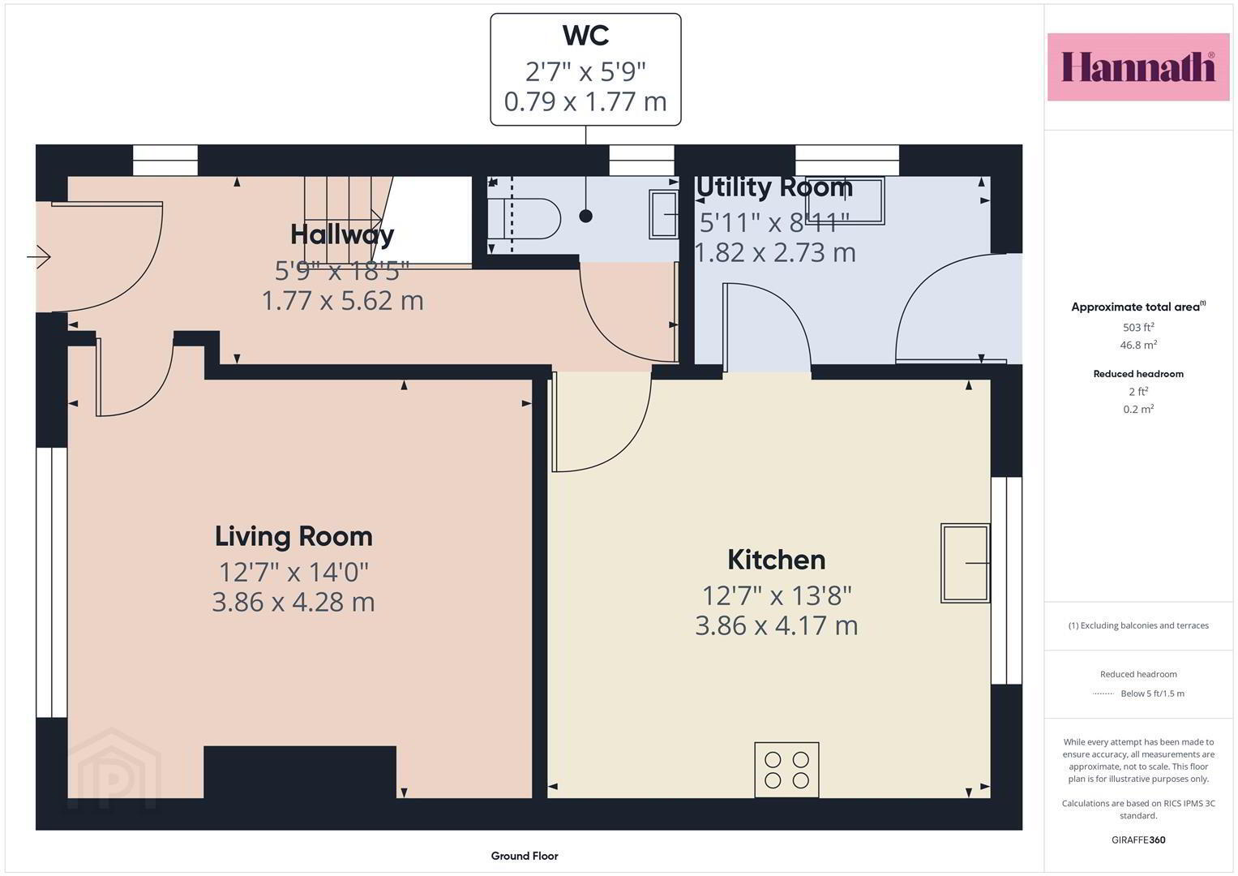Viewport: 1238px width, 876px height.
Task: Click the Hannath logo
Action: [x=1138, y=67]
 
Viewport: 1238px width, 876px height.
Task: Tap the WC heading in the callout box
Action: [x=586, y=36]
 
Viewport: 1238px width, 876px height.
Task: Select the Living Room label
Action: [x=293, y=536]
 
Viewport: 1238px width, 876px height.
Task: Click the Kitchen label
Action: [x=777, y=560]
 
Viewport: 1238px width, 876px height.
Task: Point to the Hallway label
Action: [x=342, y=234]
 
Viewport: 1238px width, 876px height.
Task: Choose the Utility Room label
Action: [x=773, y=187]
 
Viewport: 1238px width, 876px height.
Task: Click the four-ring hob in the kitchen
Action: [x=786, y=770]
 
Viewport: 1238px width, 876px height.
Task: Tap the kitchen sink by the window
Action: [x=966, y=563]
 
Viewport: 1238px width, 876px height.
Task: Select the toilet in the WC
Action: [x=525, y=218]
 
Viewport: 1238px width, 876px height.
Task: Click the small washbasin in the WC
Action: [x=664, y=214]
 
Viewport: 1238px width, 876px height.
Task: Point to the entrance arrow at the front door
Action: [x=39, y=256]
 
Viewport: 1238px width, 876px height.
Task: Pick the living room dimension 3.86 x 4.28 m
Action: [x=293, y=602]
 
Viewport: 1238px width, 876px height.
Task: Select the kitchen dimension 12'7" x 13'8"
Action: [x=777, y=595]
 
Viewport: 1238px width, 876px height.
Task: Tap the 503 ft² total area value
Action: [x=1138, y=327]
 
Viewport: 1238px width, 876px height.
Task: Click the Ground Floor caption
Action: [x=525, y=856]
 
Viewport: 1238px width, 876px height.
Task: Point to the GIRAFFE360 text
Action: [x=1138, y=839]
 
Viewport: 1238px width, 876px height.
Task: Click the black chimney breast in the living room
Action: [x=300, y=772]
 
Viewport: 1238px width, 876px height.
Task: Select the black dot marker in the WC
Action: [x=586, y=217]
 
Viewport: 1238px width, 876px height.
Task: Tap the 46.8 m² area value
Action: [x=1138, y=345]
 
